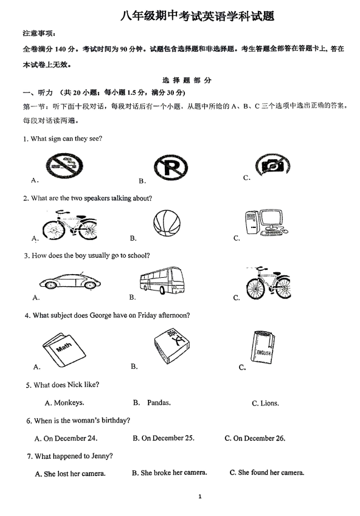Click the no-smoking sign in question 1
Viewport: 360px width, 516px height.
[64, 166]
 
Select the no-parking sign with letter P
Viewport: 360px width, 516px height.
[171, 167]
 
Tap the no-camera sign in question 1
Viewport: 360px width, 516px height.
[272, 165]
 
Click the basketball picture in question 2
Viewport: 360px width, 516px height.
[167, 223]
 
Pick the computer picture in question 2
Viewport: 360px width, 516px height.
[266, 222]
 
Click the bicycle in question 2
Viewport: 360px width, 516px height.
[69, 225]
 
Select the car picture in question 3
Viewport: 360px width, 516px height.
[70, 281]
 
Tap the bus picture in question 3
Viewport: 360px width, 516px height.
[162, 280]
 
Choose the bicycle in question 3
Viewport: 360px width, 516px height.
[268, 283]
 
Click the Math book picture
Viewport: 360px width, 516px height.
[64, 350]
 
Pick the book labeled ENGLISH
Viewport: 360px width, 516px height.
[263, 347]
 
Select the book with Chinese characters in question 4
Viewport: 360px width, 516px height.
[172, 346]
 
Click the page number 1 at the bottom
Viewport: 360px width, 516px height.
[200, 497]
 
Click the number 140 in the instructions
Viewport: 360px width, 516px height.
[60, 49]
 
